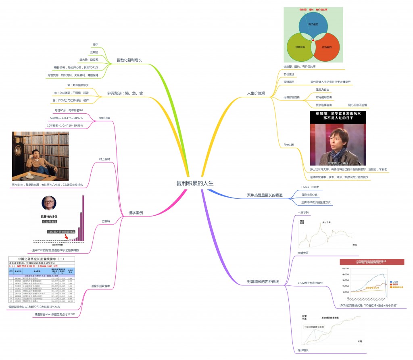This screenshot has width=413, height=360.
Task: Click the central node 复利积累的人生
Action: point(194,183)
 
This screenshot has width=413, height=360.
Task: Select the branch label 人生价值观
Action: point(256,93)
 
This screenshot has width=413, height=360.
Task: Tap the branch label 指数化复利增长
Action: point(129,60)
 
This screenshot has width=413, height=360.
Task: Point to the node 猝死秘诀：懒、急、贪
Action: point(125,93)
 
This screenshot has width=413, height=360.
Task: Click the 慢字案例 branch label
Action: point(136,212)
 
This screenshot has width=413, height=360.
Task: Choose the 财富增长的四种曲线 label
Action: point(263,281)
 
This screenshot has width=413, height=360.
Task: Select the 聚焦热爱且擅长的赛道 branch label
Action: point(265,195)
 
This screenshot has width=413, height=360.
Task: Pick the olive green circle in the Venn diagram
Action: point(300,47)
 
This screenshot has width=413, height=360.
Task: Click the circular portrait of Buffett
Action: point(49,203)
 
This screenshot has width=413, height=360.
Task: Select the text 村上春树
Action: point(104,159)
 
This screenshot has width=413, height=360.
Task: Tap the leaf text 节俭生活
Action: point(289,74)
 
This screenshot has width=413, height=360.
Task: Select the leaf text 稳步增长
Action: point(302,350)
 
